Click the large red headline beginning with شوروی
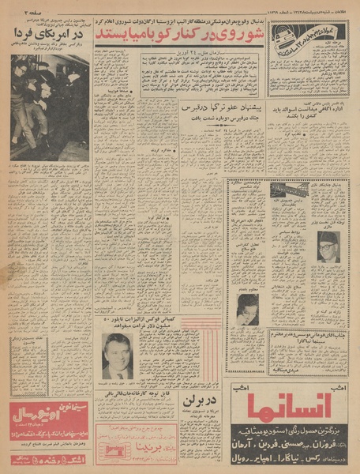(x=183, y=36)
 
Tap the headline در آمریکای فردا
(x=50, y=36)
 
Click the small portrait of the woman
(x=247, y=307)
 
